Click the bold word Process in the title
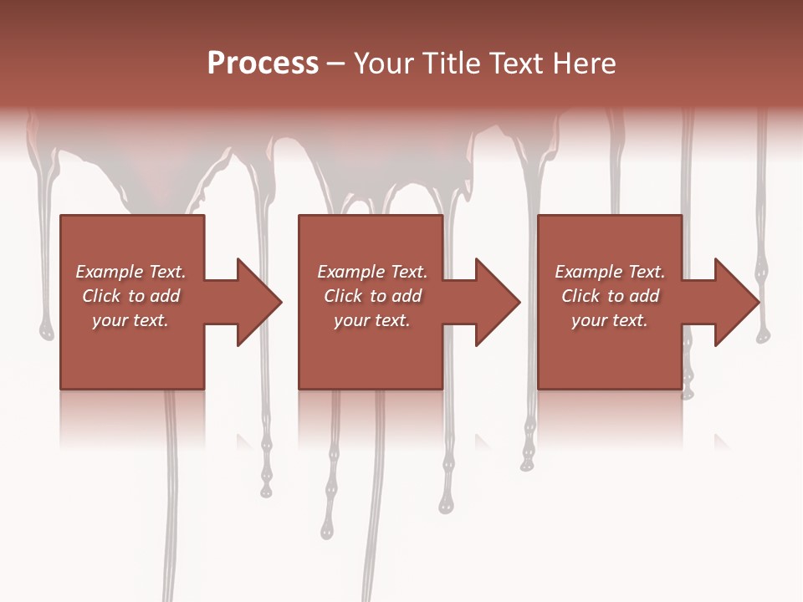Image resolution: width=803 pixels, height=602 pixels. click(x=263, y=64)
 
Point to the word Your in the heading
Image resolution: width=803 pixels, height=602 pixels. click(x=384, y=64)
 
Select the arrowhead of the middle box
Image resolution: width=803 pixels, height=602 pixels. click(x=496, y=302)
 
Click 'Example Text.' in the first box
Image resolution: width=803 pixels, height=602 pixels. click(x=130, y=272)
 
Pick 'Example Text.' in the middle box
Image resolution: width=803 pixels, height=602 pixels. click(x=372, y=272)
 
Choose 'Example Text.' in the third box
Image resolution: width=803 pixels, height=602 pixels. click(x=610, y=272)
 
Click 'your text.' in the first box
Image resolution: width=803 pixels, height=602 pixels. click(x=130, y=320)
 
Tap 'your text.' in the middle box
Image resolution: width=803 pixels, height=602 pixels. click(x=372, y=320)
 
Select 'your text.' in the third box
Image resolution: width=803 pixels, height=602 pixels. click(x=610, y=320)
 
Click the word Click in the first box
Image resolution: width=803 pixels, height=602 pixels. click(x=102, y=296)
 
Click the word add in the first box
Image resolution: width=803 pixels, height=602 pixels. click(x=165, y=296)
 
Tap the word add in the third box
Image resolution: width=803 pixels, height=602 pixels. click(x=644, y=296)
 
